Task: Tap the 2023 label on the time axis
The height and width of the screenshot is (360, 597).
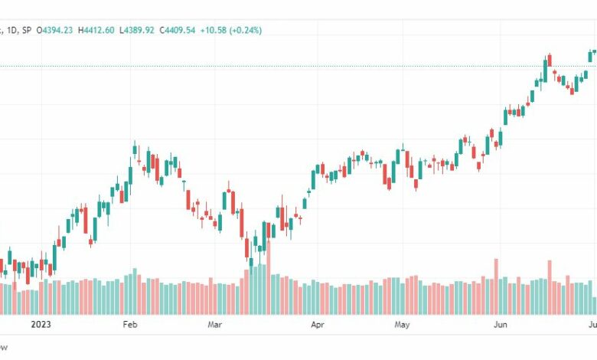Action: pyautogui.click(x=41, y=324)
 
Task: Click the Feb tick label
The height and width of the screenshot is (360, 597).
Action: pyautogui.click(x=130, y=324)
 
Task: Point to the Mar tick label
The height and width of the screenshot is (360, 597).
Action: pyautogui.click(x=215, y=324)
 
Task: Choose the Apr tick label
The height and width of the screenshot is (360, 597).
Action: pyautogui.click(x=317, y=324)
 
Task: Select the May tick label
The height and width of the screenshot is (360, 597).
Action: pyautogui.click(x=403, y=324)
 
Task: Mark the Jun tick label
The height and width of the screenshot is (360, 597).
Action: pyautogui.click(x=501, y=324)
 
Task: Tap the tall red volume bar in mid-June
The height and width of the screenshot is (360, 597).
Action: pyautogui.click(x=550, y=287)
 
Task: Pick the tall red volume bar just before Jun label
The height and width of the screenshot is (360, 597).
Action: pyautogui.click(x=496, y=286)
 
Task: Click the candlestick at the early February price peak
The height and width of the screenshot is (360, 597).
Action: pyautogui.click(x=135, y=149)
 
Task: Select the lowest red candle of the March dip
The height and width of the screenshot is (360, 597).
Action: pyautogui.click(x=246, y=247)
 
